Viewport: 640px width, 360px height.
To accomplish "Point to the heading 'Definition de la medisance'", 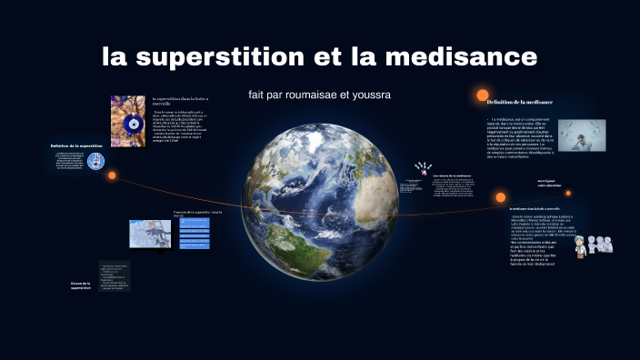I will click(520, 102).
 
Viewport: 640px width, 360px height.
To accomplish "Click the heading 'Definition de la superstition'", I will click(76, 145).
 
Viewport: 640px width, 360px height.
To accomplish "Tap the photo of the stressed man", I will click(582, 135).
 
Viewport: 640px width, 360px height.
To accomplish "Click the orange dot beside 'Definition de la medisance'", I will click(482, 95).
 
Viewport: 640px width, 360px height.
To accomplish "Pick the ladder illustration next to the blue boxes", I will click(150, 234).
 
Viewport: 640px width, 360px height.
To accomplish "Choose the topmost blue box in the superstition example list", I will click(195, 221).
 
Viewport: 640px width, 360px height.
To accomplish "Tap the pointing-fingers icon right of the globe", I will click(421, 169).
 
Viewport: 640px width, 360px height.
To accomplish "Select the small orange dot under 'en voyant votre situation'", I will click(500, 196).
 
